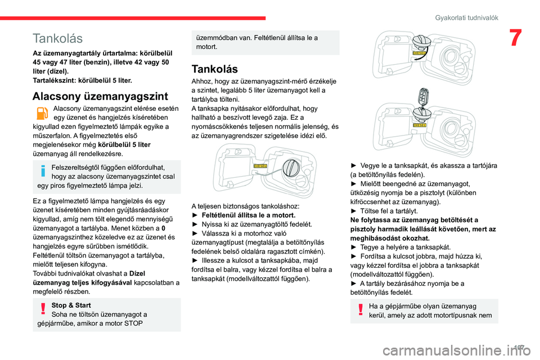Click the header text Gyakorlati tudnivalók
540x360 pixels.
coord(466,18)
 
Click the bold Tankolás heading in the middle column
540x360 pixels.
coord(215,69)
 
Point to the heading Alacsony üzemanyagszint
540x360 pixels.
coord(100,96)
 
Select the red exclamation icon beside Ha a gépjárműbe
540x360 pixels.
coord(360,310)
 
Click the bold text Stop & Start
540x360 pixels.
coord(71,305)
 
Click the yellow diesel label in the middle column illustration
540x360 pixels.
coord(259,165)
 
